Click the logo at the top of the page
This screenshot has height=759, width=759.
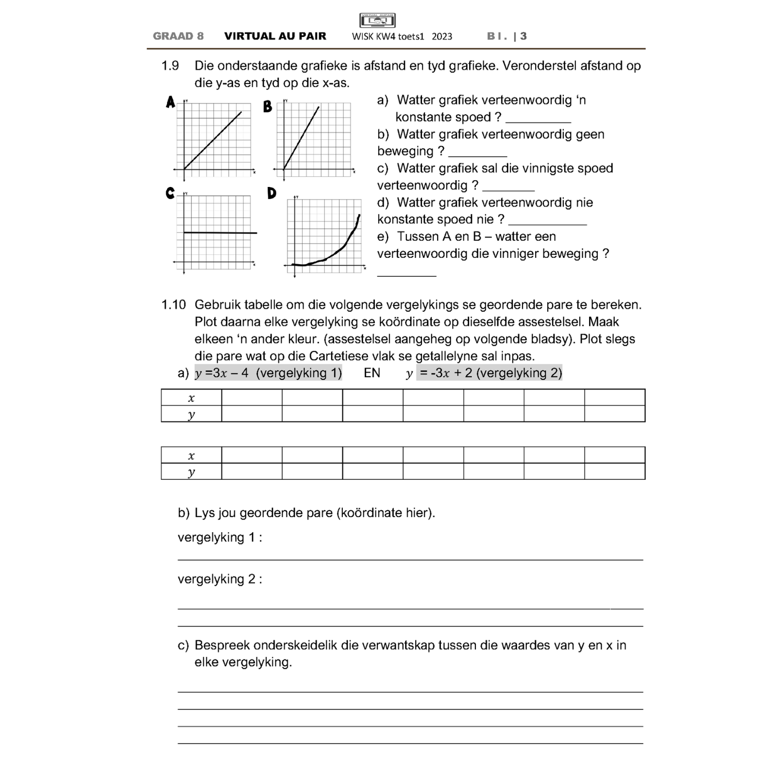[377, 20]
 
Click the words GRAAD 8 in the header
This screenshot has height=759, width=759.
[178, 36]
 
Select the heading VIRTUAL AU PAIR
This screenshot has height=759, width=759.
[275, 36]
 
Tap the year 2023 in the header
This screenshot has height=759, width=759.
[441, 36]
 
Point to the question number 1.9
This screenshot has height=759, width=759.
[170, 66]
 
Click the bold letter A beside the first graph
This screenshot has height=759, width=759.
[170, 102]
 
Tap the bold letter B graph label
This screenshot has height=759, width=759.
[268, 106]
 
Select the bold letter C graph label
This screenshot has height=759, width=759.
[170, 193]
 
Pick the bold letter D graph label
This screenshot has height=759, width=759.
[271, 193]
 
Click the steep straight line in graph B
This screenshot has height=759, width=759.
[302, 137]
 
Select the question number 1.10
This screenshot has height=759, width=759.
[173, 305]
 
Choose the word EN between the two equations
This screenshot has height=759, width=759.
[372, 373]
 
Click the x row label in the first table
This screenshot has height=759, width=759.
[191, 398]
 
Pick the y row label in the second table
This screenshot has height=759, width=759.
[191, 472]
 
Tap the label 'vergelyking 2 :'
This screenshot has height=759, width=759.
[220, 579]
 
